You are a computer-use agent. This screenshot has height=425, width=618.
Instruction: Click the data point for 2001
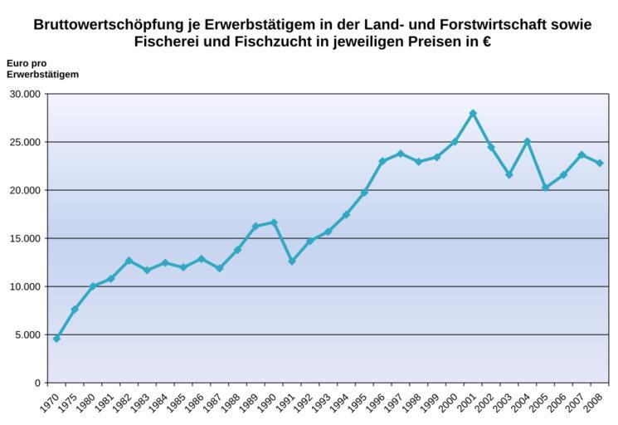coord(473,113)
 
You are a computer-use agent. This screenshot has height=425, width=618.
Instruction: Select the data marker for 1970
coord(56,339)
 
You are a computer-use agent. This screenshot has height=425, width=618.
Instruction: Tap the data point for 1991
coord(292,261)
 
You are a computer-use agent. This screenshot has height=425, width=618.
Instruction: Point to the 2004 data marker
coord(527,142)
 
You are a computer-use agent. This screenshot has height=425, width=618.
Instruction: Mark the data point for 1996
coord(382,161)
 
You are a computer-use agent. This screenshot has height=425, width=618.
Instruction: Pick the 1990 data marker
coord(274,222)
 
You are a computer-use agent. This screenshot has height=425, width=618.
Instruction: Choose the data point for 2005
coord(545,188)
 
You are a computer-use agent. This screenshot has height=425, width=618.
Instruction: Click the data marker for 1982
coord(129,261)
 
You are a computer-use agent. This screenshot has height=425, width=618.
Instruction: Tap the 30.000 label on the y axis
coord(24,94)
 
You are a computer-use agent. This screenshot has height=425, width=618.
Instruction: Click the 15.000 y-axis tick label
coord(24,238)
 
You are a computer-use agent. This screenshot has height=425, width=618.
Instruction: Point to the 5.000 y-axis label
coord(27,335)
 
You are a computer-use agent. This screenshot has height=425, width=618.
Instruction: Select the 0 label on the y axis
coord(37,383)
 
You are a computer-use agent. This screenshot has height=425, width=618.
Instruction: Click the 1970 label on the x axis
coord(50,401)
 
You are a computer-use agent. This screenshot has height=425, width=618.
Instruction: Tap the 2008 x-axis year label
coord(593,401)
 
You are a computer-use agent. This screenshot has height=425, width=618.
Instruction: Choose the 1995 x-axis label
coord(358,401)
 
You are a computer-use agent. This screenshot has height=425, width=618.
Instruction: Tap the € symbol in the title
coord(485,42)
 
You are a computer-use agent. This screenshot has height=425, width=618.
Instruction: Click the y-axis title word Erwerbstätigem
coord(42,75)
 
